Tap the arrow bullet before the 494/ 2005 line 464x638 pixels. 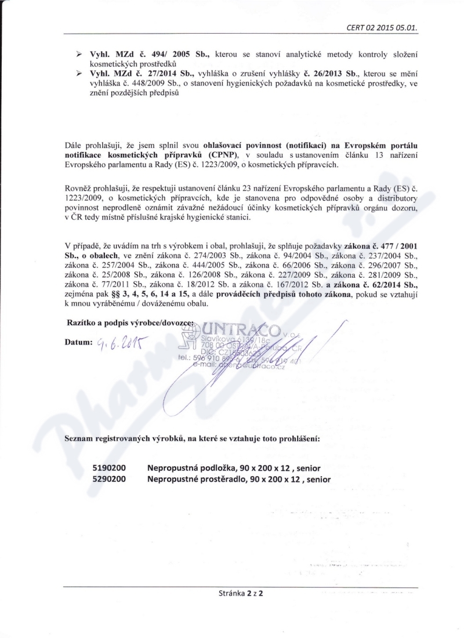79,53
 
